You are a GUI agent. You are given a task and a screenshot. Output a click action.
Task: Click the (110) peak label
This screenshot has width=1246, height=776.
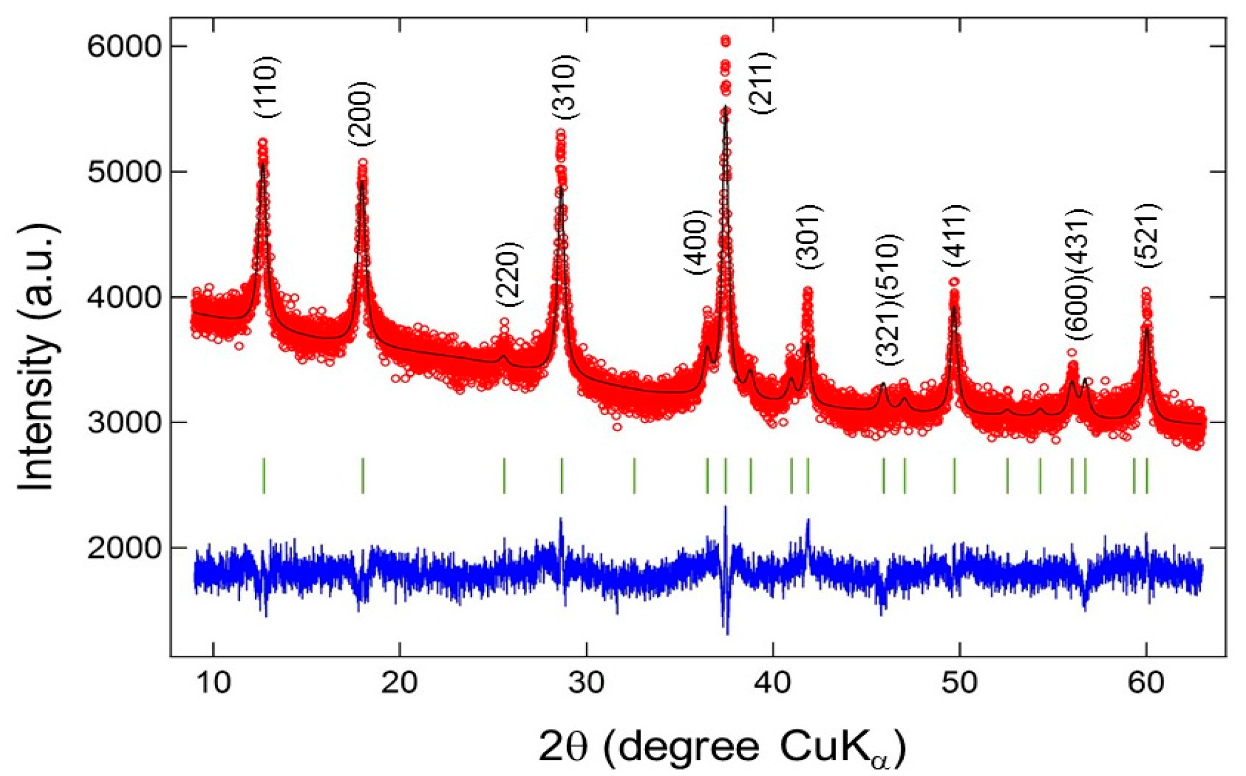tap(267, 87)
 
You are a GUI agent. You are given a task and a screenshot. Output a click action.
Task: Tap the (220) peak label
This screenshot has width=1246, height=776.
tap(510, 275)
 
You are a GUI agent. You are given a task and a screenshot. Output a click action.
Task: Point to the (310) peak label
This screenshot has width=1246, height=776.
tap(565, 87)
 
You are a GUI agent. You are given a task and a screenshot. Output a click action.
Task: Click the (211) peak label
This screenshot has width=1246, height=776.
tap(762, 83)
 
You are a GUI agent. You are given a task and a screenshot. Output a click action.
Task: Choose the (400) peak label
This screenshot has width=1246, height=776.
tap(697, 242)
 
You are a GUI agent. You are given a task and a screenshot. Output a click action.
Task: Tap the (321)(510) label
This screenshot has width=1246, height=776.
tap(888, 300)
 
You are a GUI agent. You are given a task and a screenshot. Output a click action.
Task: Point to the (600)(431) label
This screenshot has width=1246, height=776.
tap(1078, 274)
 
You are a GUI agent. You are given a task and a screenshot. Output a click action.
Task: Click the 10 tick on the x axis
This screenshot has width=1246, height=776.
tap(213, 683)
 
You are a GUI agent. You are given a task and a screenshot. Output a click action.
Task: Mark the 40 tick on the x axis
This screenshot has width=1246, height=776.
tap(773, 683)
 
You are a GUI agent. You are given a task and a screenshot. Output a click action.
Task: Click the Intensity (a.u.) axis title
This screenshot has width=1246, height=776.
tap(37, 357)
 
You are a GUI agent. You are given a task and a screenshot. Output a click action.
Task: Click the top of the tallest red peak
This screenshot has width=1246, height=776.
tap(726, 41)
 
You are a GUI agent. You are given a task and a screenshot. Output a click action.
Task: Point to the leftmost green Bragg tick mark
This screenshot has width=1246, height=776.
tap(264, 475)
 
